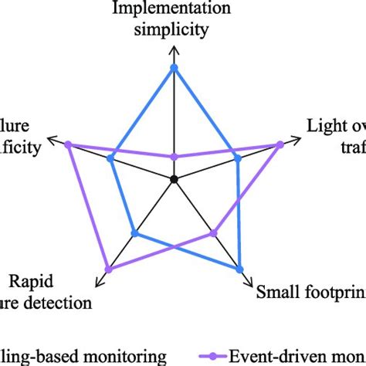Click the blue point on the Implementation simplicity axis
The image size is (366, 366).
[174, 68]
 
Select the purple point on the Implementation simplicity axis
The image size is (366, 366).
[174, 157]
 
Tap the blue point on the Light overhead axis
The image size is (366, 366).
[238, 158]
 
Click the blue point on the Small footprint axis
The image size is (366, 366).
[239, 268]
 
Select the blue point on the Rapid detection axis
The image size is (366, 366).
[135, 233]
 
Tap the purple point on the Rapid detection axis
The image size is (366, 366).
[109, 269]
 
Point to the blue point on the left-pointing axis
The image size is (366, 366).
[111, 159]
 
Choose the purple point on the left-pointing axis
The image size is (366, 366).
[68, 144]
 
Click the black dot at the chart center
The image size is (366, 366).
[174, 179]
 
